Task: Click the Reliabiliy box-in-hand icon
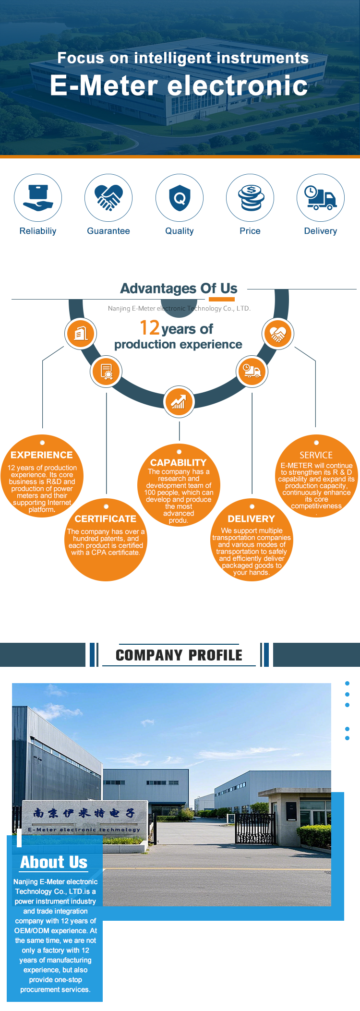coord(38,198)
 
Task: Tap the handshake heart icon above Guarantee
coord(108,198)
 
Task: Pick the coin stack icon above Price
coord(250,198)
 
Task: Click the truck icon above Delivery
coord(321,198)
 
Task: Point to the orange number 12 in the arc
coord(150,328)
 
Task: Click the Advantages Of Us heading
coord(179,289)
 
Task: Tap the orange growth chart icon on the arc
coord(179,401)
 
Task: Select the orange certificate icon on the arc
coord(107,372)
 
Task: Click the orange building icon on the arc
coord(81,333)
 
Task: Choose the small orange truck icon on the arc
coord(252,371)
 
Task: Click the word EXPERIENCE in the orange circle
coord(42,455)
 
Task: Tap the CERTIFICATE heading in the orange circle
coord(106,519)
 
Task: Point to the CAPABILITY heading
coord(179,463)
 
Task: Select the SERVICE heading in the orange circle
coord(316,455)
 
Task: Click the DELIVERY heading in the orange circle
coord(252,519)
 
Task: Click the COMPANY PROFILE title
coord(179,655)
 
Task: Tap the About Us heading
coord(54,862)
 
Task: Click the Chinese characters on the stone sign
coord(84,813)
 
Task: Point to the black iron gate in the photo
coord(255,828)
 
